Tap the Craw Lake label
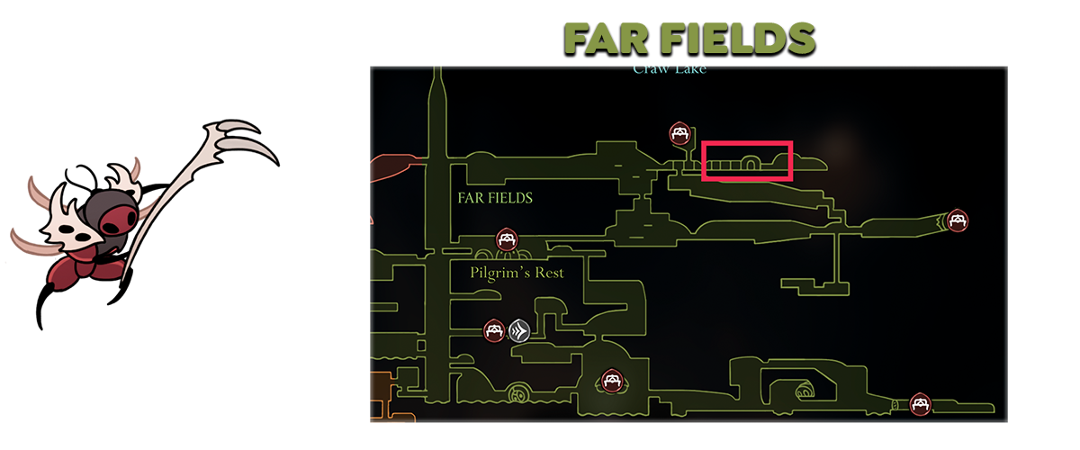[669, 69]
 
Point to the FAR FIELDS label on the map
[495, 198]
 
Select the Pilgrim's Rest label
[517, 272]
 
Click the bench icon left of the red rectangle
[679, 134]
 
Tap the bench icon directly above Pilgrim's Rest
[507, 239]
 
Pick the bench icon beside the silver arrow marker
[493, 330]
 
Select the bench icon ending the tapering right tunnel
[958, 219]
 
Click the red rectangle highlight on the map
[746, 160]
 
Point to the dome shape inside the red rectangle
[746, 164]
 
